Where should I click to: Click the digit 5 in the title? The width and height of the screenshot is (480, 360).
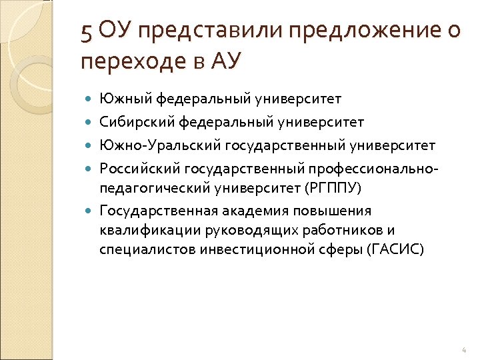click(x=87, y=31)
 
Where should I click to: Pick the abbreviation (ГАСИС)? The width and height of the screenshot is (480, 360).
click(x=394, y=250)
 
